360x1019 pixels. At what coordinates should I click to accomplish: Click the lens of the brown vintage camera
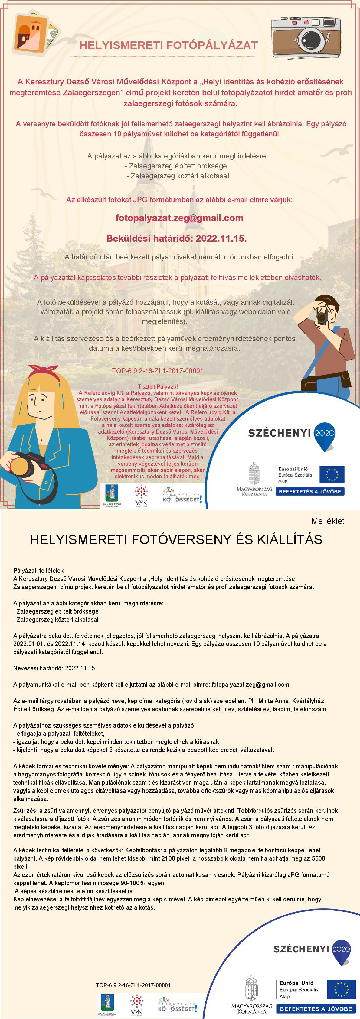311,40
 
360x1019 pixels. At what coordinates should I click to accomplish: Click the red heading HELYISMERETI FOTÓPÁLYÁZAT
169,45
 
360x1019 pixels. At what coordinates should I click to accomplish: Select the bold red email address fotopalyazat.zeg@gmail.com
179,218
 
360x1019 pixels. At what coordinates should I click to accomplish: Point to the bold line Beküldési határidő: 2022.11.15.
176,238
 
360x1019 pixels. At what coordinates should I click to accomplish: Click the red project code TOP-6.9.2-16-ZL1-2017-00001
157,371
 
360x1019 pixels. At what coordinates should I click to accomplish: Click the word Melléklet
328,521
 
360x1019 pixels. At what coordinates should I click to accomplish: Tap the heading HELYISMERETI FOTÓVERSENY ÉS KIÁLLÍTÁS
176,539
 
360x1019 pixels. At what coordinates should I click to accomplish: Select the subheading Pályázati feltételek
38,570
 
